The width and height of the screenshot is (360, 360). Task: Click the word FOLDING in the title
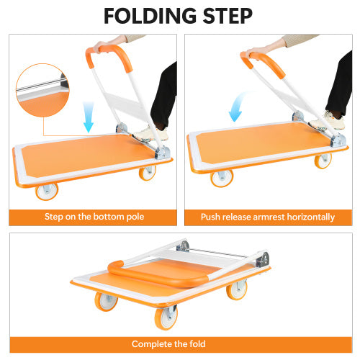pos(148,16)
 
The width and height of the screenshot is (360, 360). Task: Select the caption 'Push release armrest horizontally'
pos(269,217)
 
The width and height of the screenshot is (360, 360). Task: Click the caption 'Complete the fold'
pos(180,344)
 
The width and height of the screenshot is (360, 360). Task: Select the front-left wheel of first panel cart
pos(48,190)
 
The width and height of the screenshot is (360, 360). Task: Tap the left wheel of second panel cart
pos(221,177)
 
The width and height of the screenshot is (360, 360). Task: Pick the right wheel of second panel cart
pos(323,161)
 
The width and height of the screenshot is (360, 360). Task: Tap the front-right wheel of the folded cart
pos(238,291)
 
